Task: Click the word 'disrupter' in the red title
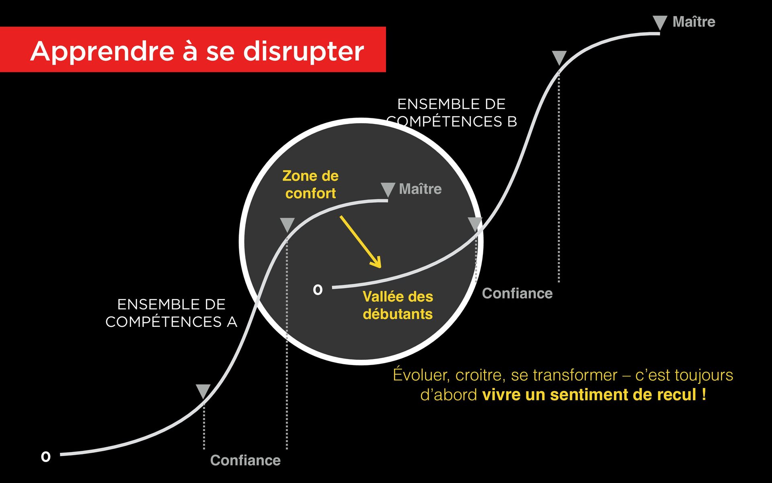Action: (x=304, y=52)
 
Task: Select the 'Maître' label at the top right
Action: (x=694, y=22)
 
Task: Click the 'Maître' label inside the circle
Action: (x=420, y=189)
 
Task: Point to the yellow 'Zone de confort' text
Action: (x=310, y=185)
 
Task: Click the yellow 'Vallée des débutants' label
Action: (x=398, y=305)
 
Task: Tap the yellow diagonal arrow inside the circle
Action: (x=360, y=241)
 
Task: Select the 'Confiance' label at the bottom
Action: (x=245, y=460)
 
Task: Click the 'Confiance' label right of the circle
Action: (x=517, y=293)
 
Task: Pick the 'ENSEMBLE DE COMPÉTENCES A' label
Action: (x=171, y=313)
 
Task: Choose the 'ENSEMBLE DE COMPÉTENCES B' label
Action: (x=451, y=113)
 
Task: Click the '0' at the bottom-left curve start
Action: (x=46, y=456)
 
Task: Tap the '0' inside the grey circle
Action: (x=318, y=289)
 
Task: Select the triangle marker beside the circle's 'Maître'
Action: (x=388, y=189)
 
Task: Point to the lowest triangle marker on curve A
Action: (x=203, y=391)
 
